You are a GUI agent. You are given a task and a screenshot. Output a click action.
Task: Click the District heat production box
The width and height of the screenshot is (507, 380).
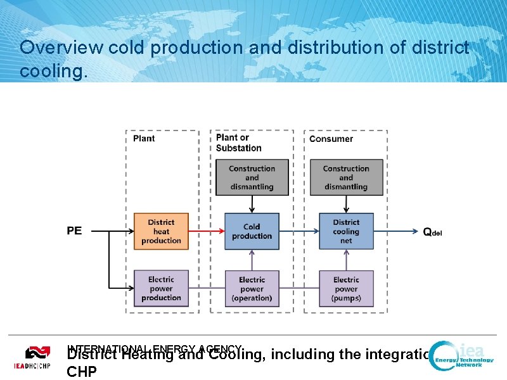[x=161, y=231]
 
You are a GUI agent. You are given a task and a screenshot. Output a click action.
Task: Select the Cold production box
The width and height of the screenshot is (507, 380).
[x=252, y=231]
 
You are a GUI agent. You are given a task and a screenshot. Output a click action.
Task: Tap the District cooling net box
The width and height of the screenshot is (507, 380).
[x=346, y=231]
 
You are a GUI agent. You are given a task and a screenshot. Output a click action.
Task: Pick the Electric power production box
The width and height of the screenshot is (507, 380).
[x=161, y=288]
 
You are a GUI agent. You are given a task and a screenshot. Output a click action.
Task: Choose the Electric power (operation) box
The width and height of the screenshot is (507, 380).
[x=252, y=289]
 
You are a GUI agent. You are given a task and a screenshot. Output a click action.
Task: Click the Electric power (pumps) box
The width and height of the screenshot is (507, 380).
[x=346, y=289]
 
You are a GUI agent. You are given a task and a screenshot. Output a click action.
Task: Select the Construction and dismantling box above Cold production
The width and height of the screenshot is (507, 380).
[x=252, y=177]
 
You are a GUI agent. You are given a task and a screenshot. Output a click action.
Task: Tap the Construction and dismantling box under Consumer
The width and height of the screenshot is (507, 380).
[x=346, y=177]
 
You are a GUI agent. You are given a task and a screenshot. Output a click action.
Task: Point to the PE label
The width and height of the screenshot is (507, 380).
[x=74, y=231]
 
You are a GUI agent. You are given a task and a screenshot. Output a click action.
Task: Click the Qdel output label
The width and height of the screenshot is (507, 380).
[x=432, y=232]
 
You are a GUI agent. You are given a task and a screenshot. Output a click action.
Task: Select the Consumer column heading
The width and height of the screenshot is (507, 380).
[x=331, y=139]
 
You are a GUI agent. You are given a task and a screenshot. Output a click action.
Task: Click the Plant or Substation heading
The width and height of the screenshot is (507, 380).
[x=238, y=143]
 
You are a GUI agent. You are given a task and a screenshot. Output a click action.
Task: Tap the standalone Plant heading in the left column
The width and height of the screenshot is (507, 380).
[x=144, y=139]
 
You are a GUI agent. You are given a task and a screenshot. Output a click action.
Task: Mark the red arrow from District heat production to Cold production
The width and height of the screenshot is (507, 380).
[x=207, y=231]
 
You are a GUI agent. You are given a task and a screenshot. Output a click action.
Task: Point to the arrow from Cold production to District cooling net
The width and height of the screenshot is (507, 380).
[x=297, y=231]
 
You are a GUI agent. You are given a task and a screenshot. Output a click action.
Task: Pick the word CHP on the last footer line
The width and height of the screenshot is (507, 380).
[x=82, y=371]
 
